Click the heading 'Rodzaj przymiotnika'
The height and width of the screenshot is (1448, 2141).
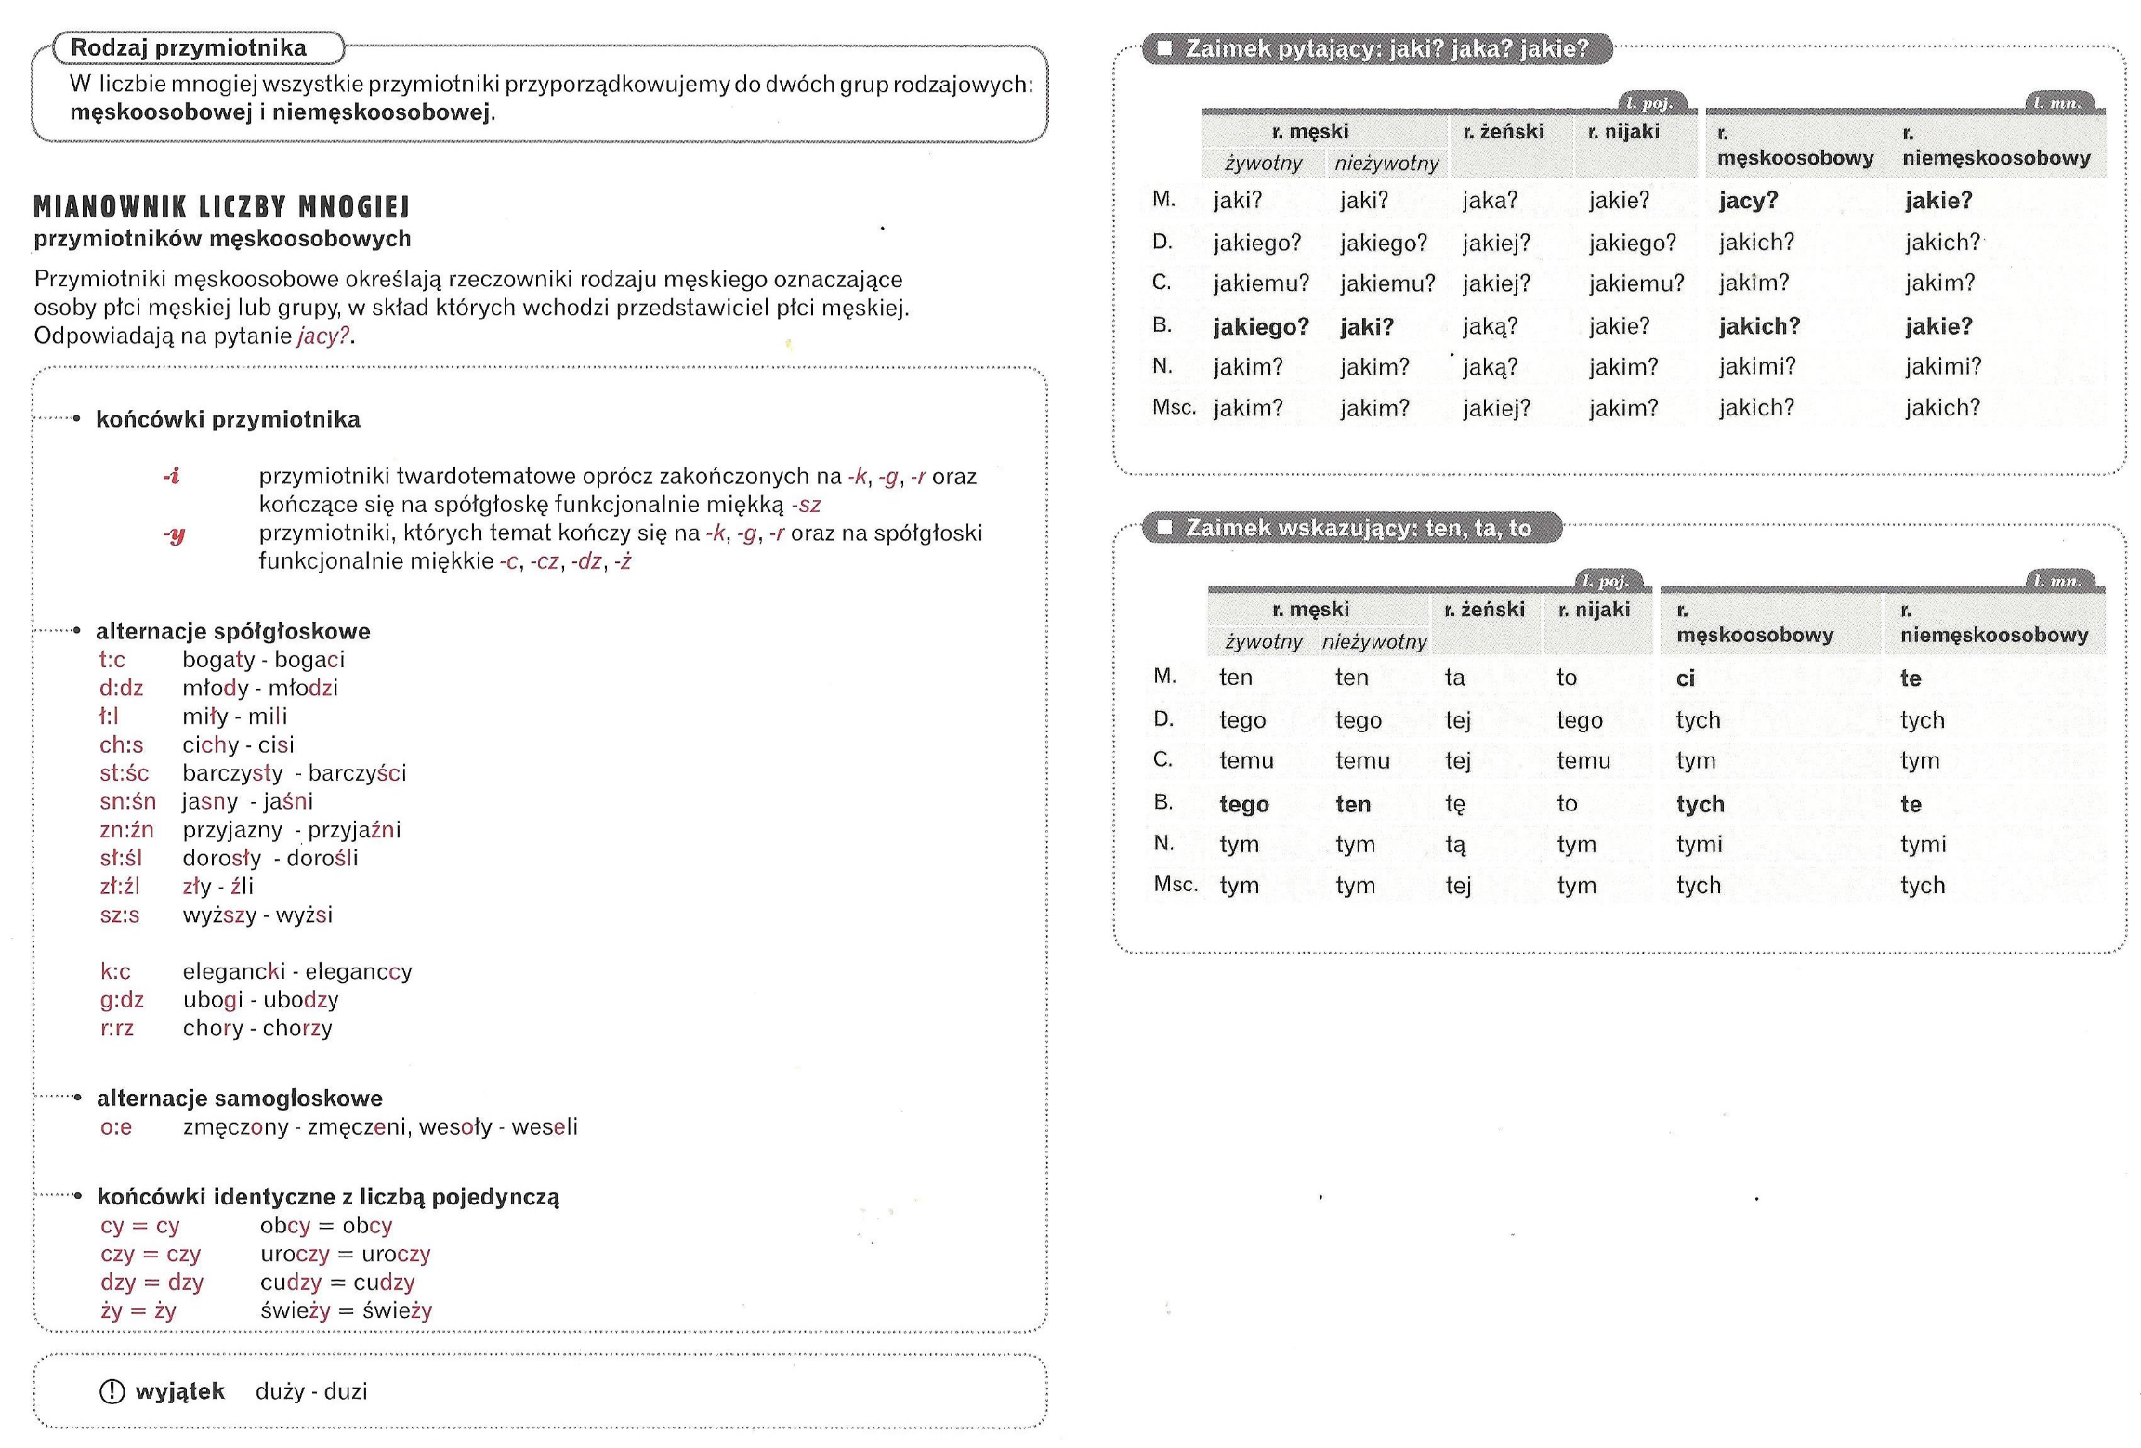188,47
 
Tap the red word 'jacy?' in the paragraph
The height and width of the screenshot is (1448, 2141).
323,336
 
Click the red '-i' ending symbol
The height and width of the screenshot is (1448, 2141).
172,476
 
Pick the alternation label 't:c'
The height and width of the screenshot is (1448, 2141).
112,660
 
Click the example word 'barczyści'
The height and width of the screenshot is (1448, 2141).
357,773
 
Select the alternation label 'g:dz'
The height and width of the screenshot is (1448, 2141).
122,1000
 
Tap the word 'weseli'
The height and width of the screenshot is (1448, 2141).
545,1127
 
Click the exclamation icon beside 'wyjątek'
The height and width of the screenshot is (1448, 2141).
112,1391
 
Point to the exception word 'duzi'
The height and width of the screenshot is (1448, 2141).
346,1391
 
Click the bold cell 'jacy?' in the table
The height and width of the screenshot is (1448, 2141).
1748,201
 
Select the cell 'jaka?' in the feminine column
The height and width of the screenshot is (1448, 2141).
1490,201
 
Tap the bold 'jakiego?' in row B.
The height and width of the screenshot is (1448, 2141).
1260,327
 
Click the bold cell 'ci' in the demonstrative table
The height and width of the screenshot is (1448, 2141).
1686,678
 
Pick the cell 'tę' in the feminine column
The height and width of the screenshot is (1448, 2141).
1455,804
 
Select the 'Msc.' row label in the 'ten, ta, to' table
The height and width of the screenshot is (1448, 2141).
1176,885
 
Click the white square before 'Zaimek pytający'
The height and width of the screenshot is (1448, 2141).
1164,47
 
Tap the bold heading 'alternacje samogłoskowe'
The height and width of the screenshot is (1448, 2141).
240,1099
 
